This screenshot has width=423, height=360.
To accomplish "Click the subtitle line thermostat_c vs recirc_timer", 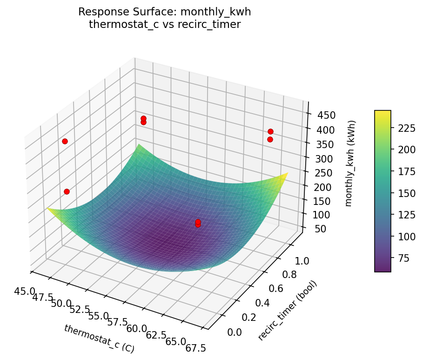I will click(x=165, y=25).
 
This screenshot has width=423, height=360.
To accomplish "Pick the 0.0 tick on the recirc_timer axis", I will click(x=234, y=332).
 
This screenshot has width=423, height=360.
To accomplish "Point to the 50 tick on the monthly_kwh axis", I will click(x=316, y=228).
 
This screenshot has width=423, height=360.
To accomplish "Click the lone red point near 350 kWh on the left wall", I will click(x=65, y=141).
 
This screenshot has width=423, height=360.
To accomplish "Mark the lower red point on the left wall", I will click(x=67, y=191).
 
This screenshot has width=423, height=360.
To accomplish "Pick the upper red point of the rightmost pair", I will click(x=270, y=132).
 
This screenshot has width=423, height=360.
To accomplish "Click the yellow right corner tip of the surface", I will click(x=287, y=173).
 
